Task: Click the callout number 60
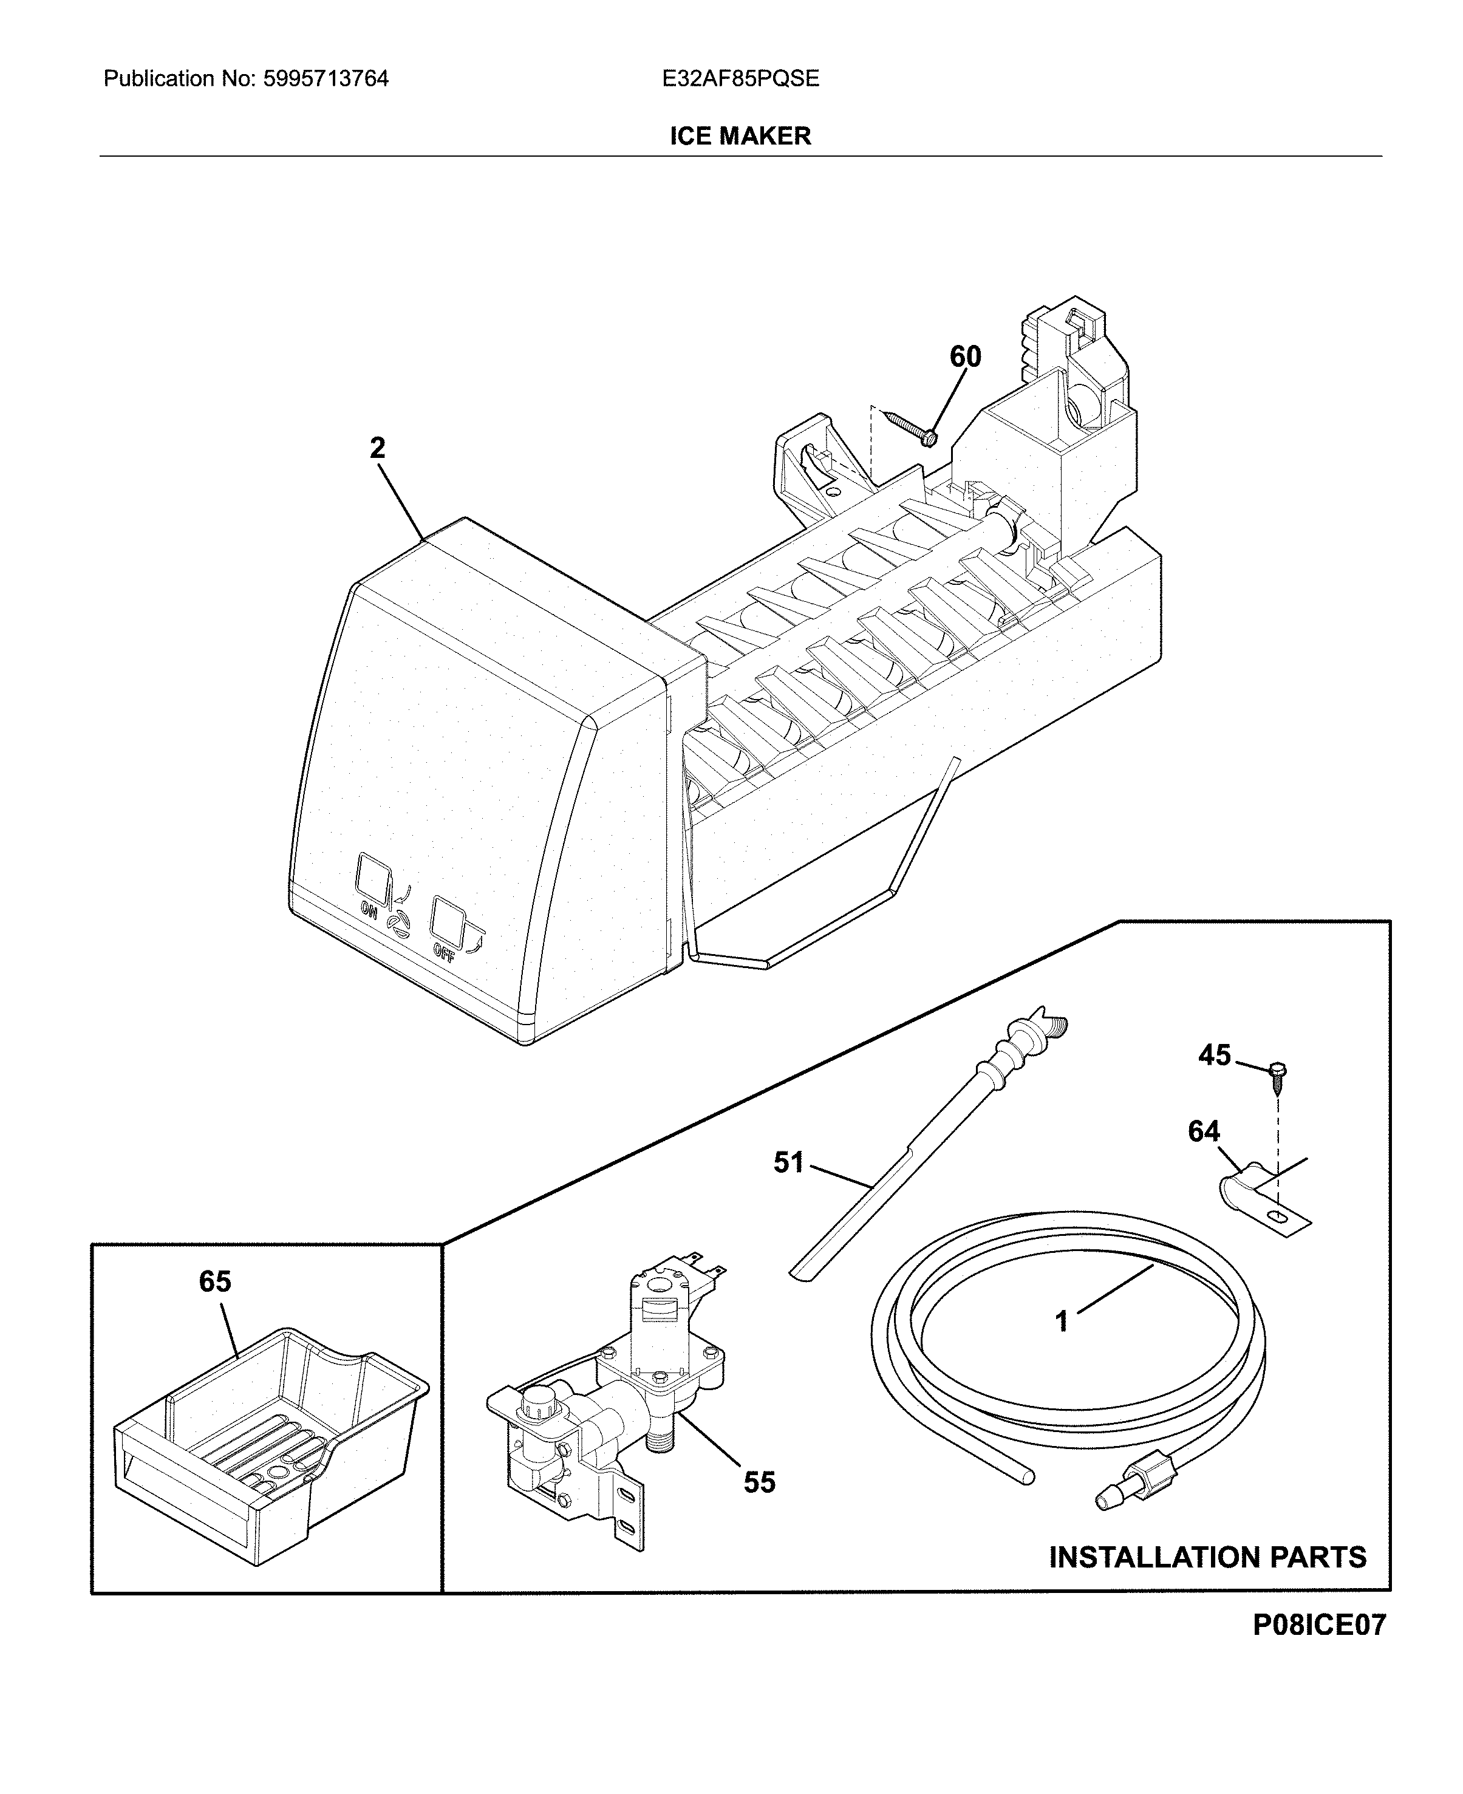tap(965, 357)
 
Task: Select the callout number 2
tap(378, 448)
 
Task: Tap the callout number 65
tap(215, 1281)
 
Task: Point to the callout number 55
tap(759, 1482)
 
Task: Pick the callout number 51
tap(789, 1163)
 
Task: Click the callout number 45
tap(1215, 1055)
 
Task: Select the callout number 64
tap(1204, 1131)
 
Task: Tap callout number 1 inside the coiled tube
tap(1062, 1320)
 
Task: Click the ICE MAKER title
tap(740, 135)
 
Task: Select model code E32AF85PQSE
tap(740, 79)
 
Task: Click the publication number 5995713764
tap(326, 79)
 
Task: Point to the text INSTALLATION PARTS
tap(1207, 1557)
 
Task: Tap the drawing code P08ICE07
tap(1319, 1625)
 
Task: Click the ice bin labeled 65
tap(270, 1433)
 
